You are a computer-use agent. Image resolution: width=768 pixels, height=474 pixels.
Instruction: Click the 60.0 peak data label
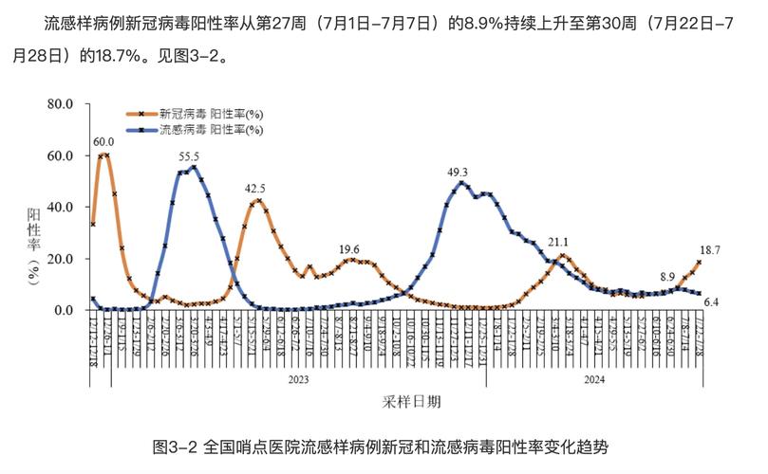click(x=103, y=142)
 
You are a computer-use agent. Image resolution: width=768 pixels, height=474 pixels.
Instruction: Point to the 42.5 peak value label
click(x=254, y=188)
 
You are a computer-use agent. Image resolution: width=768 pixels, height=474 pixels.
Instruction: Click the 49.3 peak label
click(x=459, y=172)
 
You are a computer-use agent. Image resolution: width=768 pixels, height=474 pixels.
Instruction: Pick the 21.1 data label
click(x=558, y=242)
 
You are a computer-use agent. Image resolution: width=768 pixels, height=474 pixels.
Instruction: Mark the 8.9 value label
click(x=668, y=275)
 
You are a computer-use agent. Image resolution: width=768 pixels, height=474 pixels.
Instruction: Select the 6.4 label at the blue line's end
click(x=711, y=301)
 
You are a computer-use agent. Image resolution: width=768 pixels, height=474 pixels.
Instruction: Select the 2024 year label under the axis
click(x=593, y=378)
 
